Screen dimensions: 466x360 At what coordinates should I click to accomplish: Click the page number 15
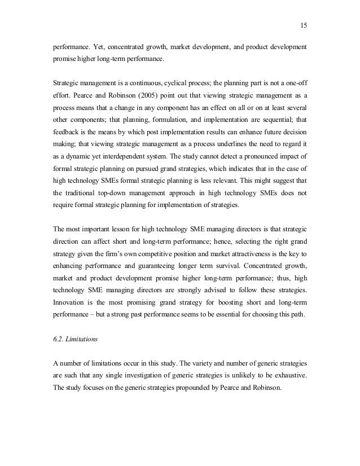coord(303,25)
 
